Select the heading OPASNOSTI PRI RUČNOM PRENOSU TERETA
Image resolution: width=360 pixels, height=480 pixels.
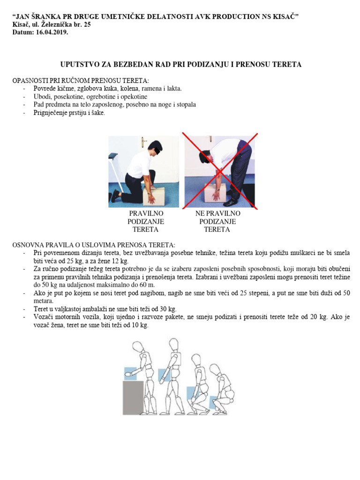(x=81, y=81)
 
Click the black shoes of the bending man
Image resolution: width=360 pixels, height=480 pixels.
(x=231, y=202)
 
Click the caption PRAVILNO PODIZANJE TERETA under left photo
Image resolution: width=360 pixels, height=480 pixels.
(x=146, y=221)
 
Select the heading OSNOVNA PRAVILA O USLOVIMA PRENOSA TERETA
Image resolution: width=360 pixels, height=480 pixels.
(x=94, y=245)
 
